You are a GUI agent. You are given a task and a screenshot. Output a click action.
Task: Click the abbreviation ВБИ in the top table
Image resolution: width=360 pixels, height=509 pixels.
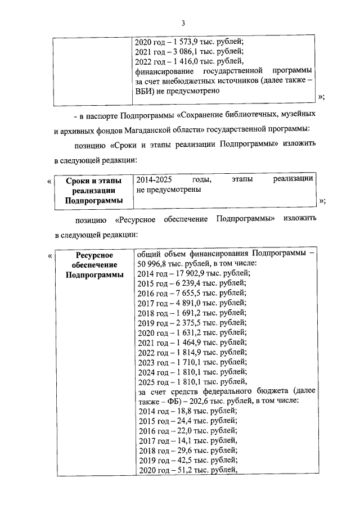click(x=146, y=92)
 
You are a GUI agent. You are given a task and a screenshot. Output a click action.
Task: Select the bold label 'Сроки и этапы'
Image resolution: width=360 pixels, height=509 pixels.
click(x=92, y=181)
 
